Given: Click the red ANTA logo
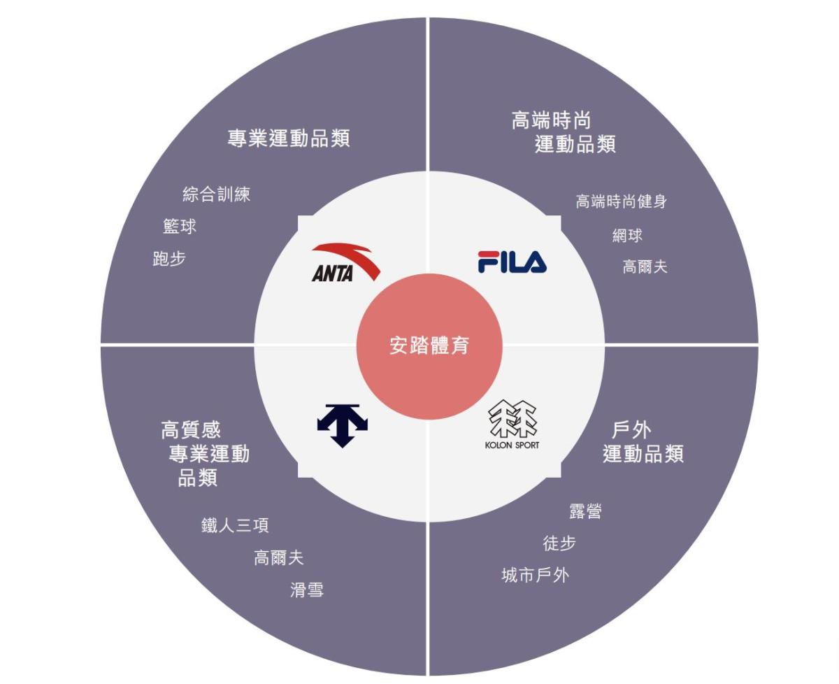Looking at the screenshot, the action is [345, 262].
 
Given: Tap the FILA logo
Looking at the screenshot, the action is [512, 262].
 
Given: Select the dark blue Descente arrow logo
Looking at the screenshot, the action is [343, 426].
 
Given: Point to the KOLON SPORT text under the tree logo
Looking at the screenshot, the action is [512, 445].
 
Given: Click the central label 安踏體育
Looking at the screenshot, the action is [429, 345].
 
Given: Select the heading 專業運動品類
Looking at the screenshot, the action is [289, 138].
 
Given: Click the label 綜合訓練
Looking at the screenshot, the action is [216, 194].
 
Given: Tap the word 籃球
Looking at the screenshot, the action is [180, 227].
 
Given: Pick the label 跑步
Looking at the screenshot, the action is [169, 259].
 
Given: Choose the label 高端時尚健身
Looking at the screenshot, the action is [621, 201].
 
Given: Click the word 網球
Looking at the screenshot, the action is [627, 236].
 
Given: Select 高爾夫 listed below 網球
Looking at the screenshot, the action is [645, 266].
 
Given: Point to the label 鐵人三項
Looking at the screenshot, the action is [235, 525].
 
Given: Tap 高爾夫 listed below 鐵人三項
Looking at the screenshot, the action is [279, 558].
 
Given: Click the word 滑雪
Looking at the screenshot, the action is [307, 590].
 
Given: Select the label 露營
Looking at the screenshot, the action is [585, 511].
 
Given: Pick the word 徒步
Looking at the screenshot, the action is [559, 543].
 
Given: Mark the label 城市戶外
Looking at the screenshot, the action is [536, 576].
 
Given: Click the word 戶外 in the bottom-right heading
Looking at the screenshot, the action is [631, 430].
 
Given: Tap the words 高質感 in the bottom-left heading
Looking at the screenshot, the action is [191, 430].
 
